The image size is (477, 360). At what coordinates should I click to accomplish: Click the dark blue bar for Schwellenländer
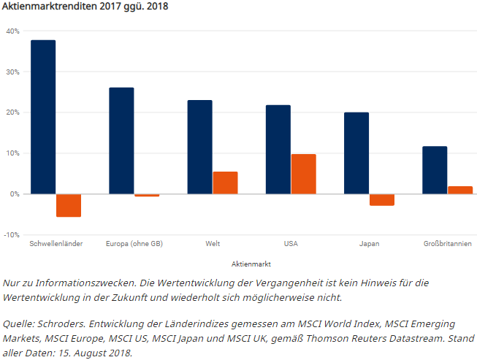pyautogui.click(x=43, y=117)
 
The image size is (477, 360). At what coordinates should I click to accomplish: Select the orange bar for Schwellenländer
pyautogui.click(x=69, y=205)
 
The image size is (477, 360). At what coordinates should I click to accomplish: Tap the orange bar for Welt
pyautogui.click(x=225, y=183)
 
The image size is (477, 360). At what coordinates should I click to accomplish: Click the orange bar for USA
pyautogui.click(x=303, y=174)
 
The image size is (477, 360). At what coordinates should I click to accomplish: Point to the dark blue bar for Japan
pyautogui.click(x=356, y=153)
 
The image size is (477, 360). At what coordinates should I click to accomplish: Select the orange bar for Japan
pyautogui.click(x=382, y=199)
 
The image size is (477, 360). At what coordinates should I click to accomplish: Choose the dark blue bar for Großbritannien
pyautogui.click(x=435, y=170)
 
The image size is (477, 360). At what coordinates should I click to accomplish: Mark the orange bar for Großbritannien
pyautogui.click(x=460, y=190)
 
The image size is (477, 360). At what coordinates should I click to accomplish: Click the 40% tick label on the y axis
pyautogui.click(x=12, y=31)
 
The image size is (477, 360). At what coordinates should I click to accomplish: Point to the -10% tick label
pyautogui.click(x=12, y=234)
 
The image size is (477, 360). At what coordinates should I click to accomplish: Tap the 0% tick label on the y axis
pyautogui.click(x=15, y=194)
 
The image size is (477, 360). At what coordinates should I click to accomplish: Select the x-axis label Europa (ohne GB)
pyautogui.click(x=134, y=243)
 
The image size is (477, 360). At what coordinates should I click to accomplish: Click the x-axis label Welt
pyautogui.click(x=213, y=243)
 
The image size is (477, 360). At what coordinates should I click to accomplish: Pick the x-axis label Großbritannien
pyautogui.click(x=447, y=243)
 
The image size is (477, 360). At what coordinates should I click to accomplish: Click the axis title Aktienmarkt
pyautogui.click(x=251, y=263)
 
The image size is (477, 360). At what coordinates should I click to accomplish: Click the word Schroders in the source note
pyautogui.click(x=65, y=324)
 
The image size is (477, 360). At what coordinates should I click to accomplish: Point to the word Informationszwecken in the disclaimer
pyautogui.click(x=83, y=283)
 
